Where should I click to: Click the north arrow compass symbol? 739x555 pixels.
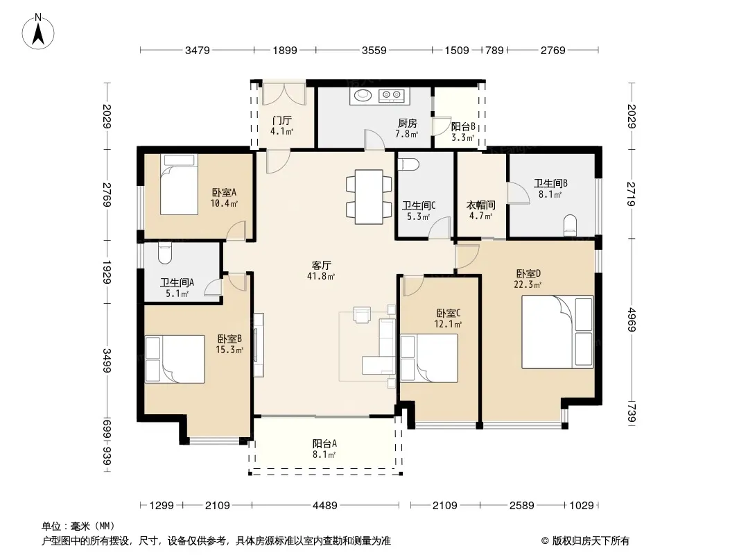(x=38, y=32)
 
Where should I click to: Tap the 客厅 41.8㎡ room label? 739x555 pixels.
(x=321, y=270)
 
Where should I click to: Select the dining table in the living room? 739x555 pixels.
(x=369, y=196)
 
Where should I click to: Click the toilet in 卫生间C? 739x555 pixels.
(x=408, y=164)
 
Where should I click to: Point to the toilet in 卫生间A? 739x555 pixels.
(x=164, y=253)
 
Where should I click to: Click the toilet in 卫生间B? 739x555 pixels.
(x=571, y=225)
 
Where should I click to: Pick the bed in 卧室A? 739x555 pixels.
(x=179, y=185)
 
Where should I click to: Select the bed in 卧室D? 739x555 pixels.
(x=557, y=332)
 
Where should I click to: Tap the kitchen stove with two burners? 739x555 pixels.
(x=391, y=96)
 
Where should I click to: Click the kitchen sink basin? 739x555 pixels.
(x=363, y=96)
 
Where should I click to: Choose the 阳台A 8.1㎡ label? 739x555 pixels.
(x=324, y=449)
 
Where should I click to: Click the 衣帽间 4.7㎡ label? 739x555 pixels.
(x=480, y=210)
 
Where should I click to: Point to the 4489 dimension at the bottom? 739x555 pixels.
(x=324, y=506)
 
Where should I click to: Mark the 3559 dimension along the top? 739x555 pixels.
(x=374, y=50)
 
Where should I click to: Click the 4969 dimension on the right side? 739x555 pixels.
(x=632, y=320)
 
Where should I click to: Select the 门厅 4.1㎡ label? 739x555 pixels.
(x=282, y=126)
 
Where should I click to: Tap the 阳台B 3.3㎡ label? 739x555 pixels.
(x=463, y=132)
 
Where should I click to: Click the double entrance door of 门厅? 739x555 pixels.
(x=284, y=94)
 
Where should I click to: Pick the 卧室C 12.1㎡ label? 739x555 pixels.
(x=448, y=318)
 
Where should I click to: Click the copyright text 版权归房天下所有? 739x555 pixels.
(x=591, y=541)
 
